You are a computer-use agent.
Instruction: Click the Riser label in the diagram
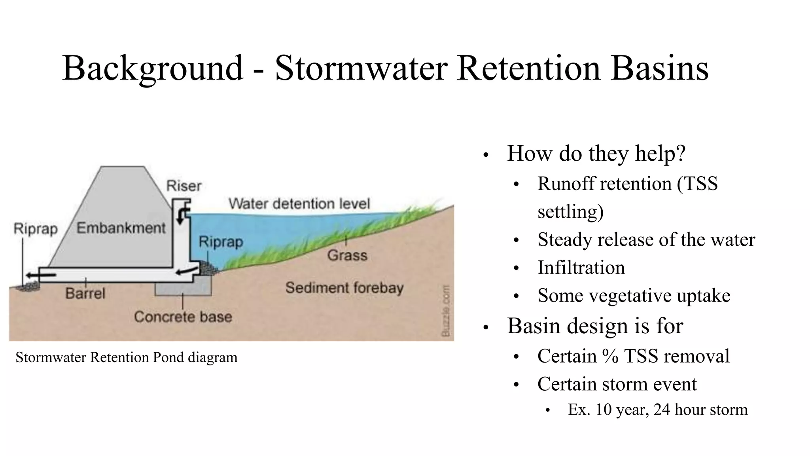click(184, 186)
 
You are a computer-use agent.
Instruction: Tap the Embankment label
click(121, 228)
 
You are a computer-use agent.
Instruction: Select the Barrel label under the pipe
click(85, 293)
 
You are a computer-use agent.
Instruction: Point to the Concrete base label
click(183, 317)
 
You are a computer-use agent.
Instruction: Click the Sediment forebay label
click(344, 287)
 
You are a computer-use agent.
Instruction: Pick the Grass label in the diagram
click(347, 255)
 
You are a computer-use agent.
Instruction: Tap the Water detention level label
click(299, 203)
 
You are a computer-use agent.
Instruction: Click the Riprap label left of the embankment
click(36, 229)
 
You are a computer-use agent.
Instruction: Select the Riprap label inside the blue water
click(221, 241)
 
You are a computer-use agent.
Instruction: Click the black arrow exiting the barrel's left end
click(40, 275)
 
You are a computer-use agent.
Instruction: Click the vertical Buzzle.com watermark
click(446, 311)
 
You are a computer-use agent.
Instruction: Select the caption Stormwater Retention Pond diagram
click(126, 357)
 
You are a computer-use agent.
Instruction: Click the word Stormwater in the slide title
click(361, 68)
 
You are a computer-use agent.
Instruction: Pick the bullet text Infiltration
click(581, 268)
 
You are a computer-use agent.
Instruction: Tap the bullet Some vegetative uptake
click(634, 296)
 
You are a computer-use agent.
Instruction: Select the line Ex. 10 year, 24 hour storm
click(658, 410)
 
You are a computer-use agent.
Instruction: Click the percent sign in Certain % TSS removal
click(611, 356)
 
